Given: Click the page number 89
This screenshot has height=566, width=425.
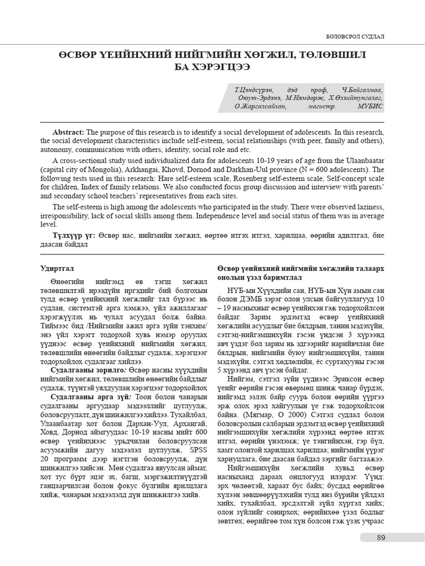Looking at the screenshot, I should click(x=380, y=538).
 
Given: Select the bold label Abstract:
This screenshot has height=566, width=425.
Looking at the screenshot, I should click(x=68, y=133).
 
